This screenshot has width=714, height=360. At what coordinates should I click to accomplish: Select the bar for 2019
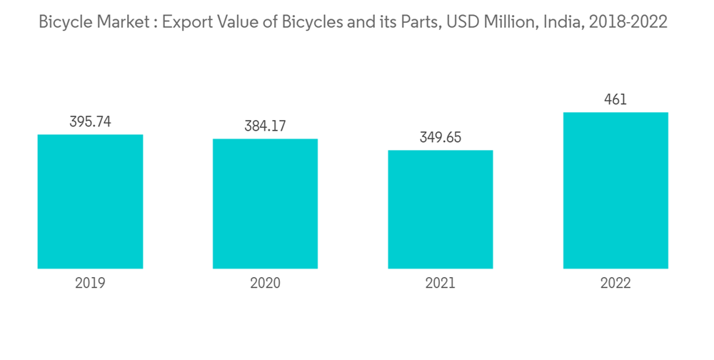[90, 201]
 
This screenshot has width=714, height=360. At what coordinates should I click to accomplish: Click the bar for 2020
[265, 204]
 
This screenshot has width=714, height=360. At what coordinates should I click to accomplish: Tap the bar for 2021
[441, 209]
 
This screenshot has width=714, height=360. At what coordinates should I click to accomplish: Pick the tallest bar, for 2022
[615, 190]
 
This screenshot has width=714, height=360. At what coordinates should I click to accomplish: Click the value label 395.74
[90, 122]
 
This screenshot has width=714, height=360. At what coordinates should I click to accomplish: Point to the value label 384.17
[265, 126]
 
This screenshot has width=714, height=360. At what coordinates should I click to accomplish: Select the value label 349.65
[441, 138]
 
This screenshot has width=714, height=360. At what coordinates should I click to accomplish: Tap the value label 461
[615, 100]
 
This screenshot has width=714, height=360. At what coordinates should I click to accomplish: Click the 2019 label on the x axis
[90, 284]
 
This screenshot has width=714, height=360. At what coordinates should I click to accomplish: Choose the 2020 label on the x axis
[265, 284]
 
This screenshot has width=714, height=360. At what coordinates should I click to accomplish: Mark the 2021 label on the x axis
[441, 284]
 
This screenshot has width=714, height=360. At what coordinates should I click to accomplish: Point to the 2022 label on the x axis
[615, 284]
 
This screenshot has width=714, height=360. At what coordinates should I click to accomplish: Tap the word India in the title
[560, 22]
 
